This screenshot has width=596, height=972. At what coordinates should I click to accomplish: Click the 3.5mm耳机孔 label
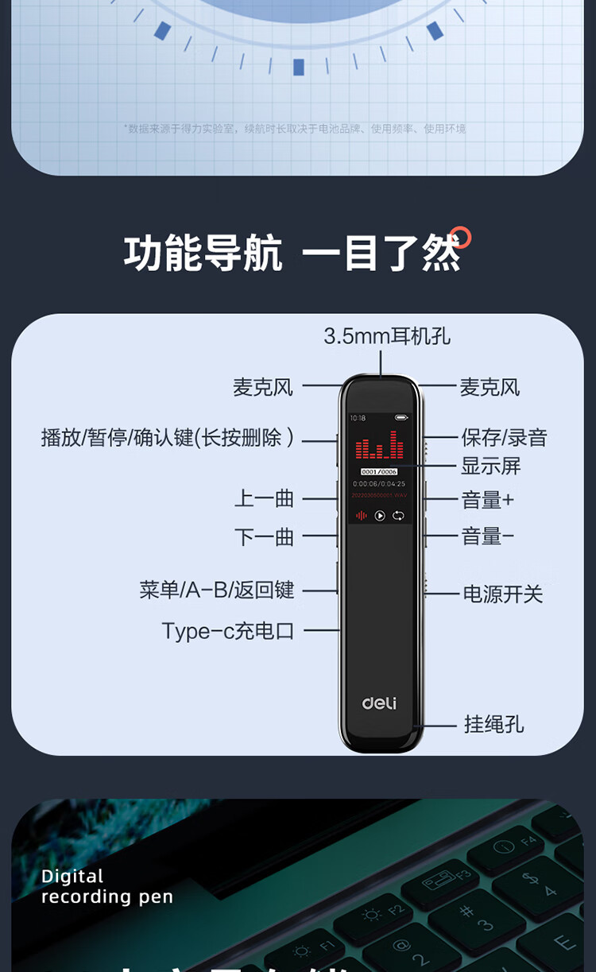[x=387, y=336]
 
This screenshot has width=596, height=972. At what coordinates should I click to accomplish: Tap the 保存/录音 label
[x=504, y=437]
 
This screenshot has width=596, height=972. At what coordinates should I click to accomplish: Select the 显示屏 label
[x=490, y=466]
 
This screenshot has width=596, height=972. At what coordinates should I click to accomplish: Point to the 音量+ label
[x=487, y=500]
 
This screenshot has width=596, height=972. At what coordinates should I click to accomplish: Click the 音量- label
[x=487, y=536]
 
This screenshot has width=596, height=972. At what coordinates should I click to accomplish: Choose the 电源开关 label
[x=503, y=594]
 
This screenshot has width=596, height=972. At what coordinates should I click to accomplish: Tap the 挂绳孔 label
[x=493, y=724]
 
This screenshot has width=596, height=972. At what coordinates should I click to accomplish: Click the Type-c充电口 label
[x=228, y=631]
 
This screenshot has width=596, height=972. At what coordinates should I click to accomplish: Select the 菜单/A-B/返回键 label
[x=217, y=590]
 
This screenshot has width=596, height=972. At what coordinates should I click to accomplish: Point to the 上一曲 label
[x=265, y=499]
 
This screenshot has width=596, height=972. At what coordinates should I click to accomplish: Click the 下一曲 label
[x=265, y=537]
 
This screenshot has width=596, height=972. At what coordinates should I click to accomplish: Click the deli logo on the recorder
[x=379, y=703]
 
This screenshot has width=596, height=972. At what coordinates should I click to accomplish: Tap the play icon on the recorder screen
[x=380, y=516]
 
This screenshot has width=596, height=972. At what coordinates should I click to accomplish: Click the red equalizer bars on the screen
[x=379, y=447]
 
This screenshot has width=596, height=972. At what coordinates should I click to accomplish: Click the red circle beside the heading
[x=460, y=238]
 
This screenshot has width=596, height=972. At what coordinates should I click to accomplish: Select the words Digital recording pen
[x=106, y=887]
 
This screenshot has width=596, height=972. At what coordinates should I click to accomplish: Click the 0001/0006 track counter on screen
[x=379, y=472]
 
